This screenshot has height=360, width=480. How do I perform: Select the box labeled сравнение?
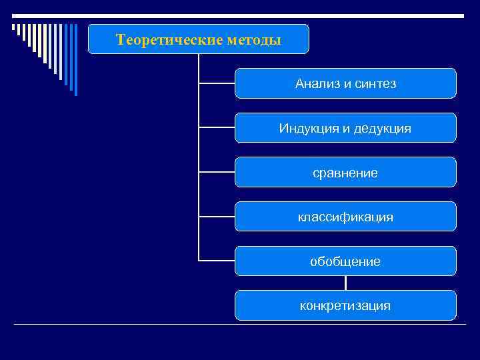tap(345, 173)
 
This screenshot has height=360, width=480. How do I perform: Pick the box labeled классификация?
tap(345, 217)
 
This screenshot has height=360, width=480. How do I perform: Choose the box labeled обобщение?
tap(345, 261)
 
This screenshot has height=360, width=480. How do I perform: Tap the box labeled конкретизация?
tap(345, 306)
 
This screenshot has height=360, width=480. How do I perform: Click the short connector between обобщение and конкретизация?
tap(345, 283)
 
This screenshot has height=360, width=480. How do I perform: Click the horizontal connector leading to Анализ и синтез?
tap(217, 83)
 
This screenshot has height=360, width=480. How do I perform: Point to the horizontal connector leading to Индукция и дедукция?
tap(217, 127)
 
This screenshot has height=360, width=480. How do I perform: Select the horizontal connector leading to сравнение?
tap(217, 172)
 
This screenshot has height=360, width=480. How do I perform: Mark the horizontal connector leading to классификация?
tap(217, 216)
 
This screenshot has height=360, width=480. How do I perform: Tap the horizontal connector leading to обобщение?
tap(217, 260)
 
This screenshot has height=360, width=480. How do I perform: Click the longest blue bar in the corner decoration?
tap(75, 60)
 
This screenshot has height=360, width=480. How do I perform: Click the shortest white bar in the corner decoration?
tap(13, 28)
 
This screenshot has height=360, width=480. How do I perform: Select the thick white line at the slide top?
tap(240, 15)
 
